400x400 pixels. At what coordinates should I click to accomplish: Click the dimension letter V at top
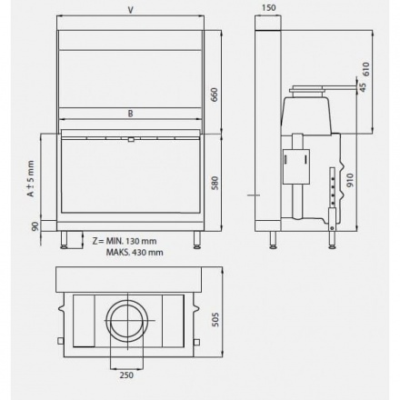132,11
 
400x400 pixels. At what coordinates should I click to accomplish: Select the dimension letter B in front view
132,115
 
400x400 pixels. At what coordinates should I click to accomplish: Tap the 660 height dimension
215,95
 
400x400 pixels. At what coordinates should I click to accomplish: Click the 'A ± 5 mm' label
30,179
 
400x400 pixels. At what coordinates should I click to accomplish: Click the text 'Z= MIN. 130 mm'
124,240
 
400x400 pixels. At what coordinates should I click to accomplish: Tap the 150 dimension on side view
267,9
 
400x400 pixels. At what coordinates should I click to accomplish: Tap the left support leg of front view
66,240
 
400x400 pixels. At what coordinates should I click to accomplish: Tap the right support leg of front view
197,240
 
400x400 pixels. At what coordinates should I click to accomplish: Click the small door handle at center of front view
132,140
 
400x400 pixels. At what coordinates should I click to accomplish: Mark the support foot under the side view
275,241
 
